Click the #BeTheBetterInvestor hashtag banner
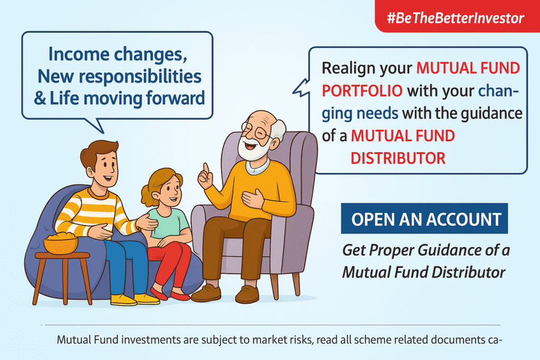point(457,16)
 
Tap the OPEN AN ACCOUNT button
point(425,219)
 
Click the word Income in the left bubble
point(79,54)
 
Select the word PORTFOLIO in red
point(362,91)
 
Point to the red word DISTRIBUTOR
point(398,158)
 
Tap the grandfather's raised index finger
point(206,169)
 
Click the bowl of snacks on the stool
point(61,243)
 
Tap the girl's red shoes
point(169,294)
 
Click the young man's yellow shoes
point(134,299)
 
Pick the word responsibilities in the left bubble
point(140,76)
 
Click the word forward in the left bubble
point(175,98)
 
